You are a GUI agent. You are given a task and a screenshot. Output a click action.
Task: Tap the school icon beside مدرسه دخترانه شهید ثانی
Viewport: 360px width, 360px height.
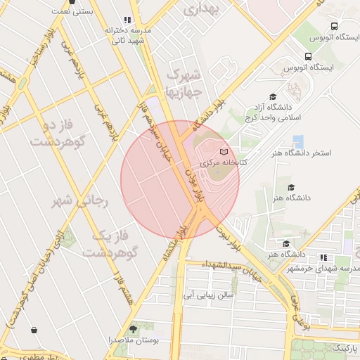(127, 20)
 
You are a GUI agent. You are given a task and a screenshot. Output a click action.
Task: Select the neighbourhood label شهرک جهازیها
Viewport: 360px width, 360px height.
(184, 83)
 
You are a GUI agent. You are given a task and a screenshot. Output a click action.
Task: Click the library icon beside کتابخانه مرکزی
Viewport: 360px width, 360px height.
(224, 152)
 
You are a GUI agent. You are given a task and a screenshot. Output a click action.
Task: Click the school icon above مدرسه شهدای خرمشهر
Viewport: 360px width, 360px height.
(323, 257)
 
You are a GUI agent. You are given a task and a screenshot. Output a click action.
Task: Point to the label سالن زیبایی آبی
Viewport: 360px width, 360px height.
(208, 295)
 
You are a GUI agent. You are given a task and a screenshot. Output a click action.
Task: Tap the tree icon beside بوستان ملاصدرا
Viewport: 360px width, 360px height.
(134, 329)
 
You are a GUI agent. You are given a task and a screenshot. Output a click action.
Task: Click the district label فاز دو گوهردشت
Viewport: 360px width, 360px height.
(53, 134)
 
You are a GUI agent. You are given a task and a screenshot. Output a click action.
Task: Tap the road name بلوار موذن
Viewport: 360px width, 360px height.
(194, 184)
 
